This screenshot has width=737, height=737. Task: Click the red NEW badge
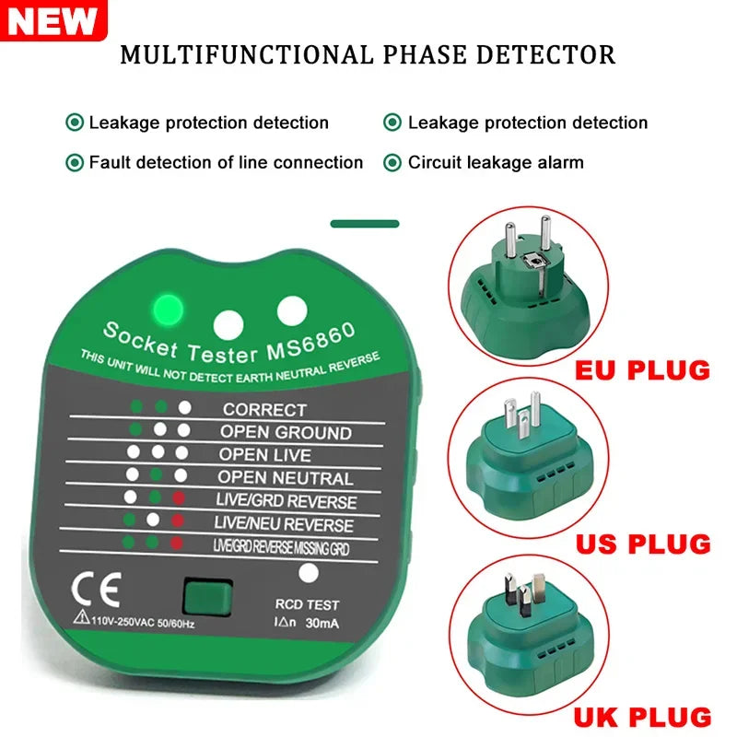tap(53, 20)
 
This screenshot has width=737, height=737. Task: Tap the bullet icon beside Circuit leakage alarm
tap(392, 163)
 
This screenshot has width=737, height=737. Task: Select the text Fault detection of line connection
tap(226, 163)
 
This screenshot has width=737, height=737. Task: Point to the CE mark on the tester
tap(89, 587)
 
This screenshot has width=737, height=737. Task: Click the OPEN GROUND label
tap(286, 432)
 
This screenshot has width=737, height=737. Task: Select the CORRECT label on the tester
tap(264, 409)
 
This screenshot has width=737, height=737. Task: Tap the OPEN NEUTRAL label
tap(286, 478)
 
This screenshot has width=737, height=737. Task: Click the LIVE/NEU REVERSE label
tap(284, 524)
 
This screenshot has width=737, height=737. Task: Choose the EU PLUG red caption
tap(643, 370)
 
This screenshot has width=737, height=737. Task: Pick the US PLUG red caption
tap(643, 543)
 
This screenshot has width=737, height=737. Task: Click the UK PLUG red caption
tap(643, 717)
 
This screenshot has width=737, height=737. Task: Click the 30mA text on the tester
tap(321, 624)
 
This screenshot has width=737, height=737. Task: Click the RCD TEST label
tap(308, 605)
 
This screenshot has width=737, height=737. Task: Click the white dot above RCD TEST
tap(310, 573)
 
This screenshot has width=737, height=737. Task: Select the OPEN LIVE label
tap(265, 455)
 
